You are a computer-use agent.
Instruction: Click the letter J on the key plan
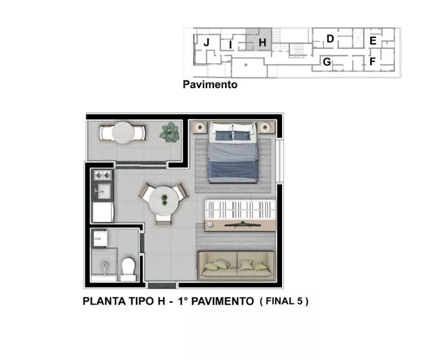207,43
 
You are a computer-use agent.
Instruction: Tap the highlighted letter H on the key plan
262,43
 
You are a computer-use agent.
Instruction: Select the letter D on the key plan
330,39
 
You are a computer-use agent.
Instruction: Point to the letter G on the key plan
327,62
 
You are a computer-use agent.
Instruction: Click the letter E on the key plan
372,41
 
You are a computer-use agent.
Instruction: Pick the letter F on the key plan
372,62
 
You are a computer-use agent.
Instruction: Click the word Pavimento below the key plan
210,84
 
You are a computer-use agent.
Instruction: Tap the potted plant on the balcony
170,132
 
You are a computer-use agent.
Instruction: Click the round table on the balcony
122,132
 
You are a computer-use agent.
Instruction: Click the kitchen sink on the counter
102,191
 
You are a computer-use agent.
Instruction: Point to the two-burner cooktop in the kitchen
102,174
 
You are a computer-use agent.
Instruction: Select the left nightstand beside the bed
200,127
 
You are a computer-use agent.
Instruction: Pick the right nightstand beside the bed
267,127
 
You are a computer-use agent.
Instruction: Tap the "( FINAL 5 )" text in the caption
284,301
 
